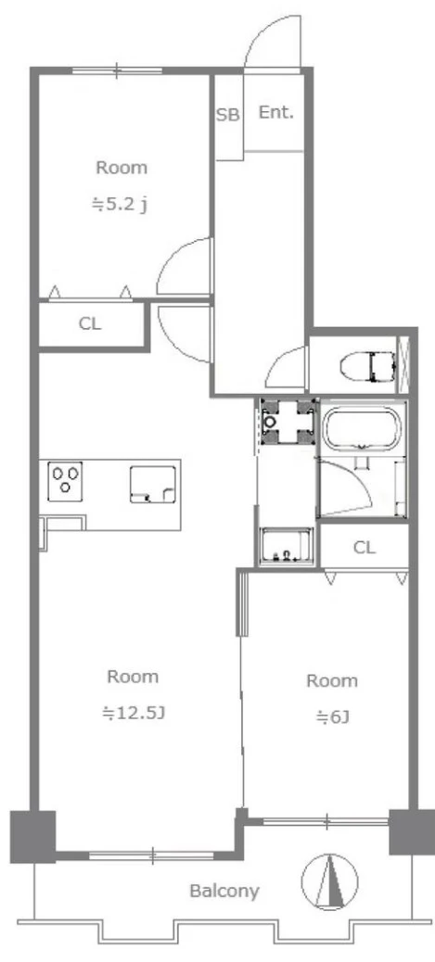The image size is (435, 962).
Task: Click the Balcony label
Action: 224,891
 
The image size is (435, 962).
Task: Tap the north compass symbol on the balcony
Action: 330,882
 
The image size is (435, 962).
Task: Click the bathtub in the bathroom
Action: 362,428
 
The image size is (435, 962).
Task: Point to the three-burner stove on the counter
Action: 65,478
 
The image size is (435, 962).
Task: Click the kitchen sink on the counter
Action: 153,484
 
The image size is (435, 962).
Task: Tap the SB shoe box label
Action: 227,115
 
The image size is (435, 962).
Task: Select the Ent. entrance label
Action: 275,113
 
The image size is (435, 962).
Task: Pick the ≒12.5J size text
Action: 134,713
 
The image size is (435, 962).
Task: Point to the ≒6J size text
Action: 332,716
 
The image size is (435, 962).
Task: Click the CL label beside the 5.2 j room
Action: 90,324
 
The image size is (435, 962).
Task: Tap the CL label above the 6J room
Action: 364,548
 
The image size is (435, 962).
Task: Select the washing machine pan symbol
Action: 287,421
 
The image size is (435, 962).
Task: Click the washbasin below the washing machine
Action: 287,546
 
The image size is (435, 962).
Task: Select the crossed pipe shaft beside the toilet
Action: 403,365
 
